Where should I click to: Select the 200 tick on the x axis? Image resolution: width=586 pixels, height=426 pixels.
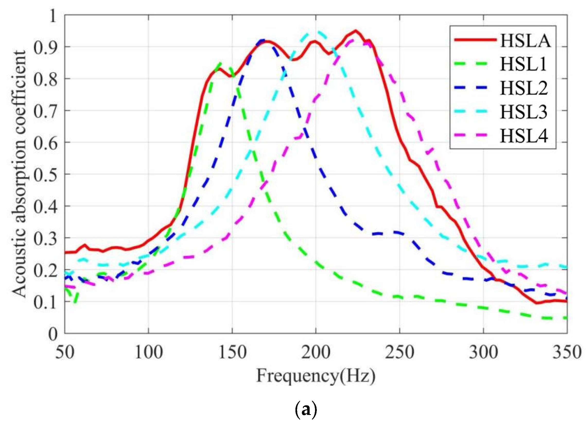click(x=316, y=352)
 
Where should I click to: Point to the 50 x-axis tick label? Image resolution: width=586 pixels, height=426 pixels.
click(x=65, y=352)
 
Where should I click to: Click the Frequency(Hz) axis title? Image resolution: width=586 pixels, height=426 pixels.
click(x=316, y=376)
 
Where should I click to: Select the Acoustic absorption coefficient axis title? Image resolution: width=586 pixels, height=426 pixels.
click(x=20, y=174)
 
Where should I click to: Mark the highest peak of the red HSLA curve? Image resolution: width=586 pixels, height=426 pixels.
click(x=356, y=31)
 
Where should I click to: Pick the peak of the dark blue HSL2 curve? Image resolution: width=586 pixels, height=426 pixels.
click(x=263, y=40)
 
